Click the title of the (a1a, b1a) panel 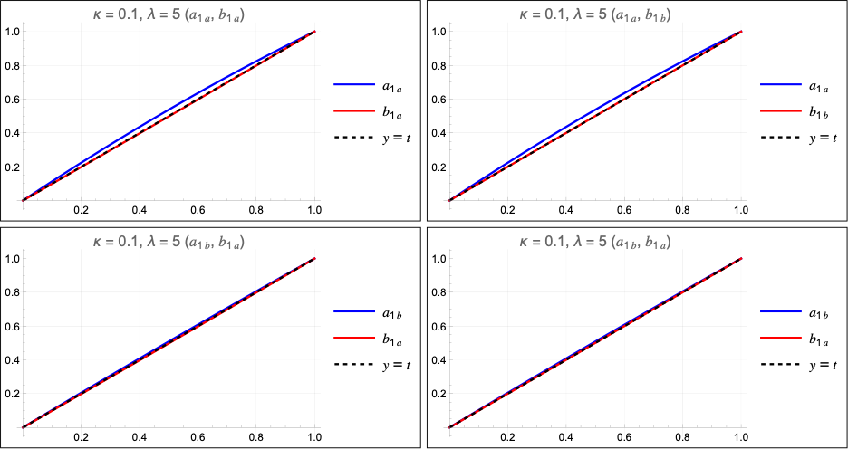point(169,14)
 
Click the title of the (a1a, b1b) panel point(595,14)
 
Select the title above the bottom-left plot point(169,242)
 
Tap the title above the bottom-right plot point(595,242)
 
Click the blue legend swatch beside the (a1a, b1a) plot point(353,85)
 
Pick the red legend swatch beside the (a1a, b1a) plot point(353,111)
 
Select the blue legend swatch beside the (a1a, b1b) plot point(781,85)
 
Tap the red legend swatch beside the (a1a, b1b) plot point(781,111)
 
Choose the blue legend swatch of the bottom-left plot point(353,311)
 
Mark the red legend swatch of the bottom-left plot point(353,338)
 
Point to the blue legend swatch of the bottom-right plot point(781,311)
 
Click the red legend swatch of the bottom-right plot point(781,338)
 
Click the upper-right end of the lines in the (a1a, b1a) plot point(314,32)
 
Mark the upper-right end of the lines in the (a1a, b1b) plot point(741,32)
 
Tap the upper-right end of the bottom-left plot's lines point(314,258)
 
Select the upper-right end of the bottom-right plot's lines point(741,258)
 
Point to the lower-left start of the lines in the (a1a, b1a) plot point(24,199)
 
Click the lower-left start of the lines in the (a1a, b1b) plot point(451,199)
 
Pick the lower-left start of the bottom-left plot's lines point(24,425)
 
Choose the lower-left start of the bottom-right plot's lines point(451,425)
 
